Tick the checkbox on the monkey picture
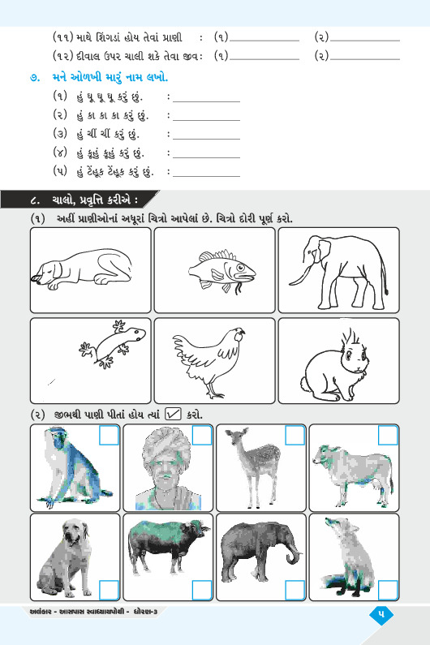pos(109,435)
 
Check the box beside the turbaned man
pos(202,435)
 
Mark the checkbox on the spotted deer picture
pos(295,435)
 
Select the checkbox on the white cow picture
pos(388,435)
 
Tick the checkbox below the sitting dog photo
pos(109,590)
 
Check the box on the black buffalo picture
pos(202,590)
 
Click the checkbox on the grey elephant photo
pos(295,590)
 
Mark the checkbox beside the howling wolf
pos(388,590)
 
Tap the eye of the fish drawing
pos(240,268)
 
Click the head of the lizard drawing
pos(136,334)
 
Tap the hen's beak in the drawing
pos(243,332)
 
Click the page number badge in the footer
pos(381,614)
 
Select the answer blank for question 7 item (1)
pos(207,101)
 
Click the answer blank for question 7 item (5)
pos(207,176)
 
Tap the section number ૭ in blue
pos(35,78)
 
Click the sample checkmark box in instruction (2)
pos(173,414)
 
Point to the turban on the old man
pos(166,445)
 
